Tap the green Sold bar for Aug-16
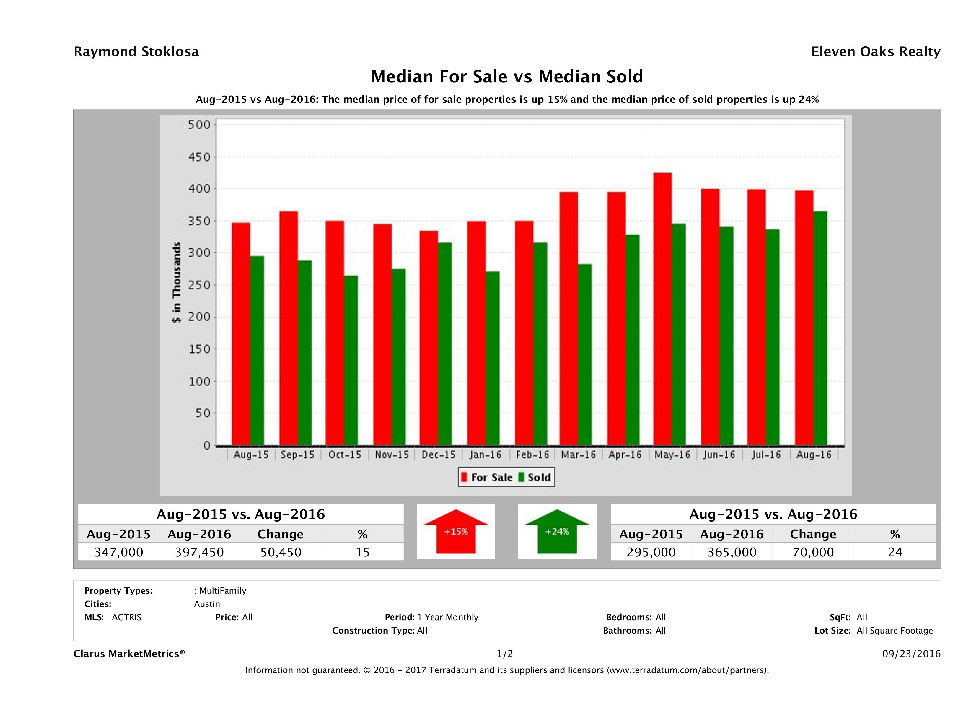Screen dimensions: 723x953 (x=820, y=328)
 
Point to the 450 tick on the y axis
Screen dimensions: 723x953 (x=199, y=157)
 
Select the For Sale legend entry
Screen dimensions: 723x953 (x=487, y=477)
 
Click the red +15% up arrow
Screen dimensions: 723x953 (x=456, y=532)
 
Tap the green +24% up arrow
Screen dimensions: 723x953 (x=557, y=532)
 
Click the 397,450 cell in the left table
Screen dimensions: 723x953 (x=199, y=552)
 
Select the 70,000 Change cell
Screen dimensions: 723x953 (x=813, y=552)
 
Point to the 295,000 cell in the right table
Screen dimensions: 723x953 (x=651, y=552)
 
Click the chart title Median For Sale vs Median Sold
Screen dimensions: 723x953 (x=507, y=77)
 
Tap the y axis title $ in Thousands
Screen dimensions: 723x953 (x=177, y=283)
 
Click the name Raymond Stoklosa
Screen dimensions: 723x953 (x=136, y=52)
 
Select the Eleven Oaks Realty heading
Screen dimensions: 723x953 (x=875, y=52)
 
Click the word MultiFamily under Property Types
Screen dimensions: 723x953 (x=222, y=591)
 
